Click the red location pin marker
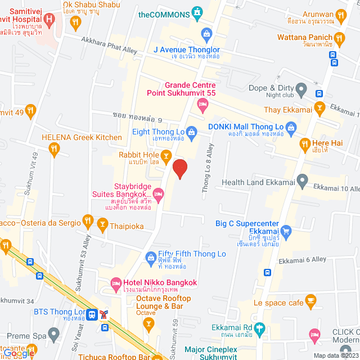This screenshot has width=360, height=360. pos(179,168)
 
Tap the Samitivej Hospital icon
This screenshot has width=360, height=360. pos(49,21)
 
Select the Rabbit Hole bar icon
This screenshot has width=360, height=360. pos(166,155)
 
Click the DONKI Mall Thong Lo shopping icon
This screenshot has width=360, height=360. pos(291,129)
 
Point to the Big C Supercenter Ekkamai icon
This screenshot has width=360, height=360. pos(286,229)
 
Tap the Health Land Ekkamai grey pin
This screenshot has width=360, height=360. pos(302,182)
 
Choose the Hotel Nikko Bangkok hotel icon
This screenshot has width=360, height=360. pos(116,282)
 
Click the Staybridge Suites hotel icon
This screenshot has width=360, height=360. pos(159,193)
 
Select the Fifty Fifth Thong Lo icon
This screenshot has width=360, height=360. pos(150,258)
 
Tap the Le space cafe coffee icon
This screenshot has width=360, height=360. pos(311,303)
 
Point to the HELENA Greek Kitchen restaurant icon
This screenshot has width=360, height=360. pos(54,148)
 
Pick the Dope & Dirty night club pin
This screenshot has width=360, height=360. pos(301,88)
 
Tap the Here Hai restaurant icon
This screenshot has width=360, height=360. pos(305,143)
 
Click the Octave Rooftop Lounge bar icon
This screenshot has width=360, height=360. pos(148,323)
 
